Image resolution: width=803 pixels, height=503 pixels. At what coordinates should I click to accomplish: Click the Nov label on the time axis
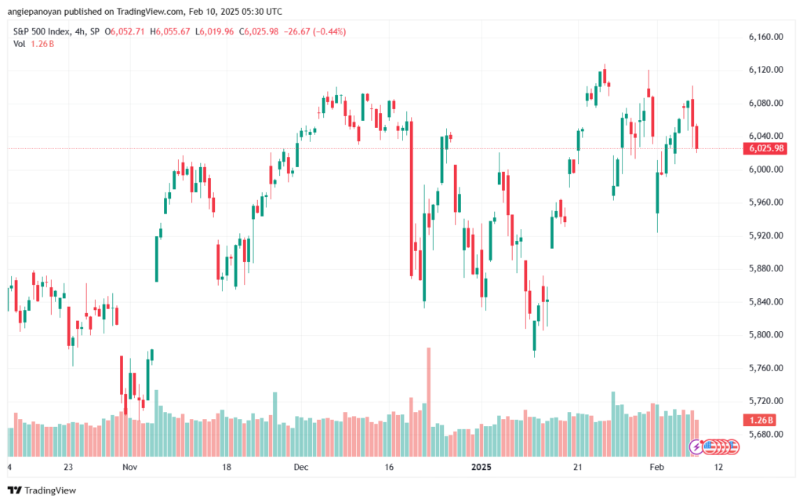[x=130, y=466]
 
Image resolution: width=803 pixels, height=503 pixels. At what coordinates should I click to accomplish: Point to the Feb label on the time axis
[x=657, y=466]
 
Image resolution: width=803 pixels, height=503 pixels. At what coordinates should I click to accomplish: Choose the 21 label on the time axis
[x=577, y=466]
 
